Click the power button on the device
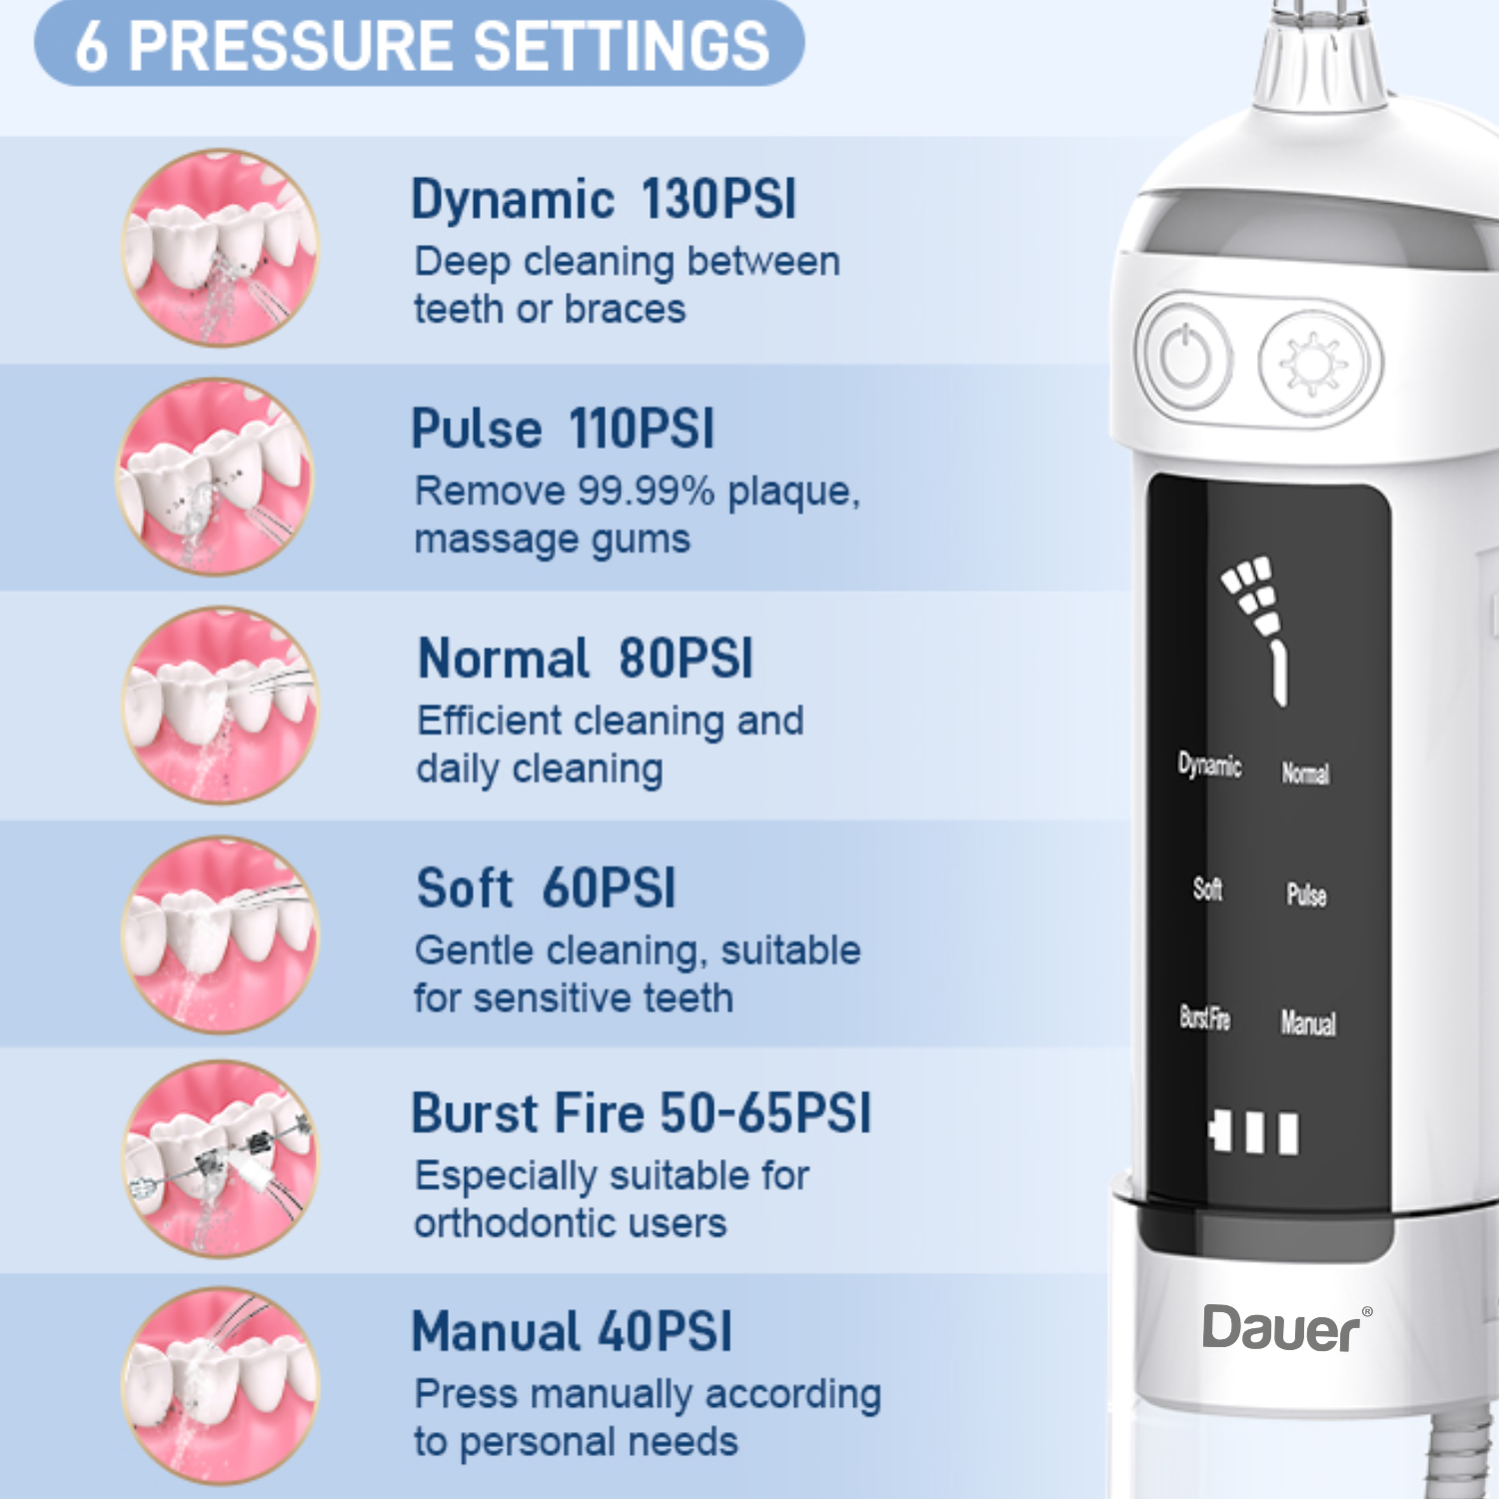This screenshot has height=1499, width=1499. pyautogui.click(x=1185, y=357)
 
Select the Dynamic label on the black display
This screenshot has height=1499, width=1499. pyautogui.click(x=1209, y=765)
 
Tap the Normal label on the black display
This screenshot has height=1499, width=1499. pyautogui.click(x=1305, y=772)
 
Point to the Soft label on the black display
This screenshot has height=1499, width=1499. pyautogui.click(x=1207, y=887)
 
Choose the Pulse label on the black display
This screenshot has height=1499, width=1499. pyautogui.click(x=1306, y=894)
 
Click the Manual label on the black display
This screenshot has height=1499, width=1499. pyautogui.click(x=1308, y=1022)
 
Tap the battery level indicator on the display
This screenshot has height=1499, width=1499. pyautogui.click(x=1253, y=1132)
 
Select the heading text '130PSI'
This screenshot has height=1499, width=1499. pyautogui.click(x=719, y=199)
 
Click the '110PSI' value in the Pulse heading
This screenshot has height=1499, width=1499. pyautogui.click(x=642, y=429)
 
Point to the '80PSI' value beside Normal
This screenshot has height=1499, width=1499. pyautogui.click(x=686, y=659)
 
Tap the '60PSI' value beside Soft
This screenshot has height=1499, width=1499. pyautogui.click(x=610, y=887)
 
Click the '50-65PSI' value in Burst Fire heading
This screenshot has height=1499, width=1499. pyautogui.click(x=765, y=1112)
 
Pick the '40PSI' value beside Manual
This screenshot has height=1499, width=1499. pyautogui.click(x=666, y=1331)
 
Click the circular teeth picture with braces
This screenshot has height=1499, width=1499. pyautogui.click(x=220, y=1159)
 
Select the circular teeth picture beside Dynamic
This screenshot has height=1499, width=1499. pyautogui.click(x=220, y=248)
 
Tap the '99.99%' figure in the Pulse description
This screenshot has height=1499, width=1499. pyautogui.click(x=647, y=491)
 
